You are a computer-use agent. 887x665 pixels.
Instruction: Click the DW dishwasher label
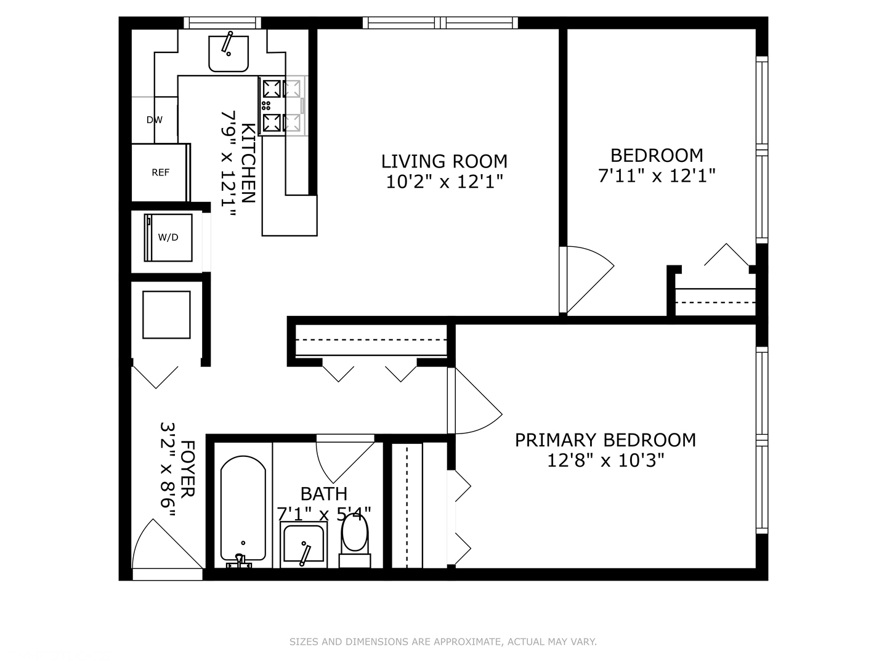pos(155,120)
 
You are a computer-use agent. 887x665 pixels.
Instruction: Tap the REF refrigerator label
pos(161,172)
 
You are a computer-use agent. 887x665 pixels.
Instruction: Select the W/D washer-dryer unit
pos(168,237)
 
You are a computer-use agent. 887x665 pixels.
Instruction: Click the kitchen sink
pos(229,53)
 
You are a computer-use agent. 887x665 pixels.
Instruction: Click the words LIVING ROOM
pos(444,161)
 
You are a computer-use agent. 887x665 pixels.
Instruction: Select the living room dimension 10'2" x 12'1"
pos(444,182)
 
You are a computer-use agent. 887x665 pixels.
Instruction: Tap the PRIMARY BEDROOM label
pos(606,440)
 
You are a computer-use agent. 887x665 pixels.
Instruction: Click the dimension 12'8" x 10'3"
pos(606,460)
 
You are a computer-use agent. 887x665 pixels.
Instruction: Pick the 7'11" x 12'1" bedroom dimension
pos(657,176)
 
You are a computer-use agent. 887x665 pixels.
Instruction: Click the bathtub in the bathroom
pos(243,508)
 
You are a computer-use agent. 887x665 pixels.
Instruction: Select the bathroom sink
pos(302,544)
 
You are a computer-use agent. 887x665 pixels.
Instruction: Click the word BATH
pos(324,494)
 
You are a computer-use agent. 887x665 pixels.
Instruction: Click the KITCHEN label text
pos(248,163)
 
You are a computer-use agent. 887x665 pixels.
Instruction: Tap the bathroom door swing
pos(342,459)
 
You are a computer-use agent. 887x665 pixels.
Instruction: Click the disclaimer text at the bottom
pos(443,642)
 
